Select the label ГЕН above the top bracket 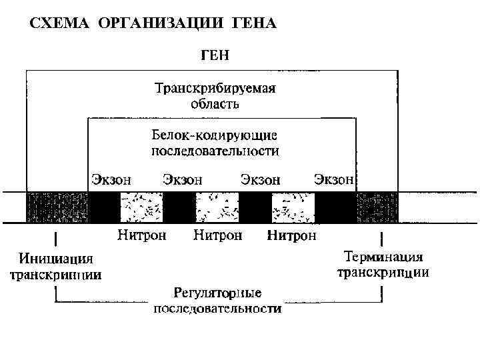click(x=215, y=56)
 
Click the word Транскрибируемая click(x=215, y=89)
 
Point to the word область click(x=215, y=104)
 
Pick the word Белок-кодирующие click(x=215, y=135)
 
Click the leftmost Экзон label click(x=111, y=179)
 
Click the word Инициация click(x=56, y=259)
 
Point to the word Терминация click(x=384, y=257)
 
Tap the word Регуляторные click(x=217, y=293)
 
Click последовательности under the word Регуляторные click(x=217, y=309)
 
